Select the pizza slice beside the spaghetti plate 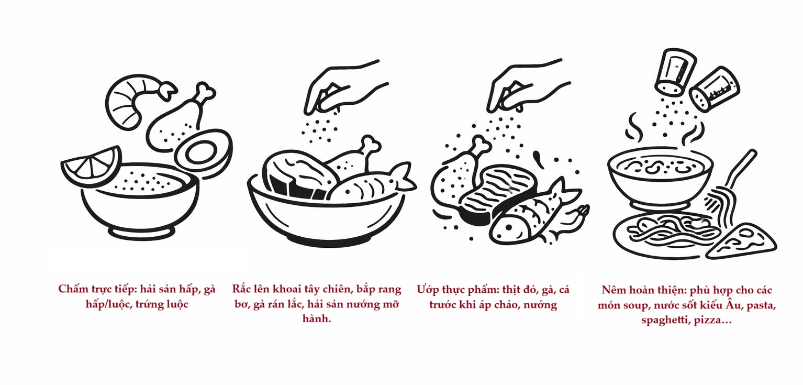pos(741,241)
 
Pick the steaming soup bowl pos(660,179)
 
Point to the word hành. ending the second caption pos(317,318)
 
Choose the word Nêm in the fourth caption pos(614,290)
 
